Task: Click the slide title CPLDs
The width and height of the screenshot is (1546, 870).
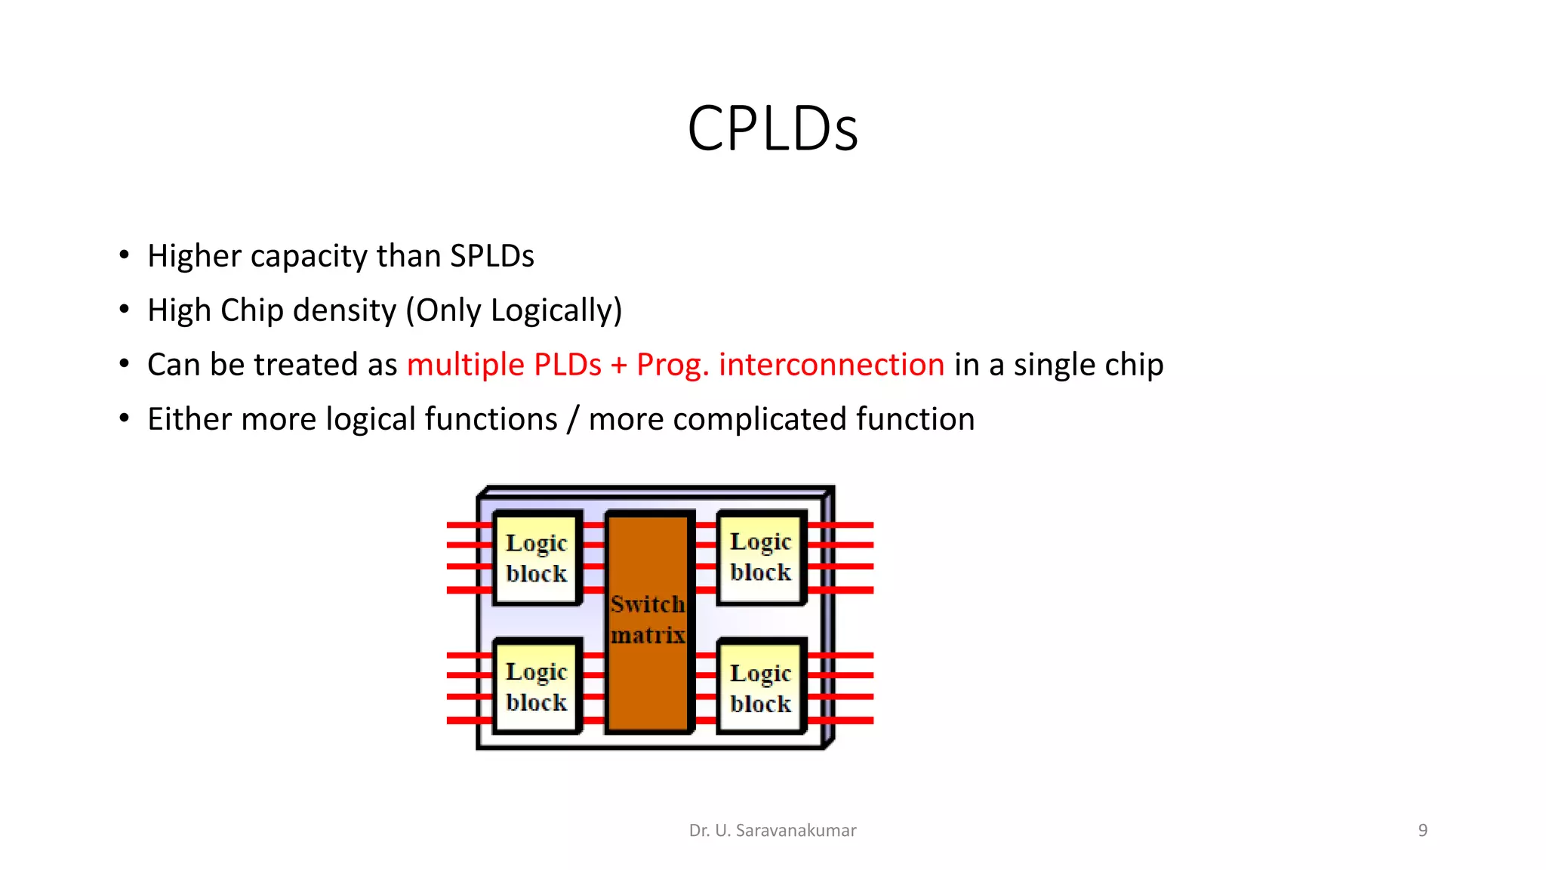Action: pyautogui.click(x=772, y=128)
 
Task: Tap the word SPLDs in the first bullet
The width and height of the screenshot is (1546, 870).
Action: pyautogui.click(x=491, y=256)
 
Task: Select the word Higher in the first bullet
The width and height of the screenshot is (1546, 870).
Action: pyautogui.click(x=194, y=256)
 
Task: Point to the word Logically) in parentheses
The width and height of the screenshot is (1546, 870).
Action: pyautogui.click(x=556, y=310)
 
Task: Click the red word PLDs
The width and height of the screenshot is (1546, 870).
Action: pyautogui.click(x=567, y=365)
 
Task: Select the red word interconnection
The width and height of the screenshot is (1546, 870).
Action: pyautogui.click(x=831, y=365)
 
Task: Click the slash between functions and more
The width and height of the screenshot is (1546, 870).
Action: pyautogui.click(x=573, y=420)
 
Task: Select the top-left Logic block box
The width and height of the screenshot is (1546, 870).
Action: pyautogui.click(x=537, y=558)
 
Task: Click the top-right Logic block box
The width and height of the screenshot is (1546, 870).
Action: pyautogui.click(x=761, y=557)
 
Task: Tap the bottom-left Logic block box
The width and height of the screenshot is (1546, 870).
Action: pyautogui.click(x=537, y=686)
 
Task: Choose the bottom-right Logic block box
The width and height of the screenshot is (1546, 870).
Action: pyautogui.click(x=761, y=687)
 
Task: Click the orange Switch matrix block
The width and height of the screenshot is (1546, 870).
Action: pyautogui.click(x=648, y=621)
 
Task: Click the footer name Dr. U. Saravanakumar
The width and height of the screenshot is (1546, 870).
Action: pyautogui.click(x=772, y=831)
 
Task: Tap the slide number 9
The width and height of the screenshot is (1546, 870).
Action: pyautogui.click(x=1422, y=831)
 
